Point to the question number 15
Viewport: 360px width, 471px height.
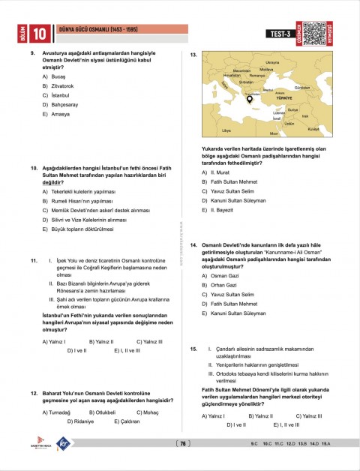coord(193,349)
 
